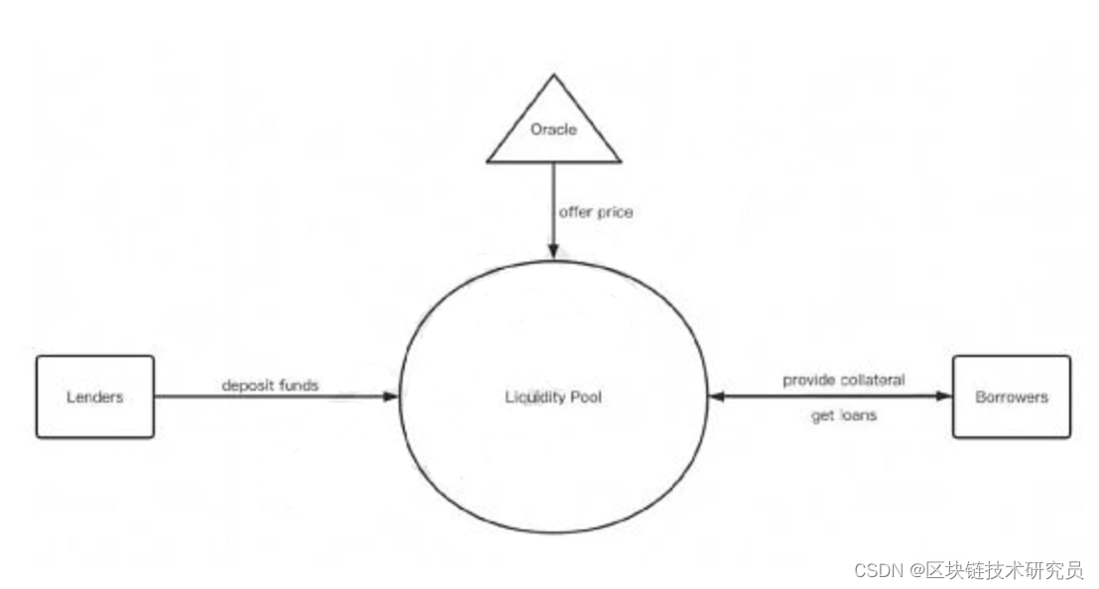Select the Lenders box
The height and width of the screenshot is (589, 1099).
pos(95,397)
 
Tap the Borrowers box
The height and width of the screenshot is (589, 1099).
pos(1011,397)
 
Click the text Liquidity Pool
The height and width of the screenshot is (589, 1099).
pos(552,398)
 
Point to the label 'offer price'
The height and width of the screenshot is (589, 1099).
pos(596,212)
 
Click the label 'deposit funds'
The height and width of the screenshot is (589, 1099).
pos(270,385)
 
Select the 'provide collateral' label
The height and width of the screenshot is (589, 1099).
pos(843,380)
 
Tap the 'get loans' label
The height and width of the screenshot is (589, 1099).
pos(843,415)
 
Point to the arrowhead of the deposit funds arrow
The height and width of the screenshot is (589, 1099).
pos(391,397)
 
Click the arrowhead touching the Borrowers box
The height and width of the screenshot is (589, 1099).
pos(945,397)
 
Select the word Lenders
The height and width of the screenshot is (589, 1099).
pos(95,398)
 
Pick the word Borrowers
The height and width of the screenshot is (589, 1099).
pos(1011,398)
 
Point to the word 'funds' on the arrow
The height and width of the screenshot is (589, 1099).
pos(298,385)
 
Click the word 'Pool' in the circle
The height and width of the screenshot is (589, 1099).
pos(584,398)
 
